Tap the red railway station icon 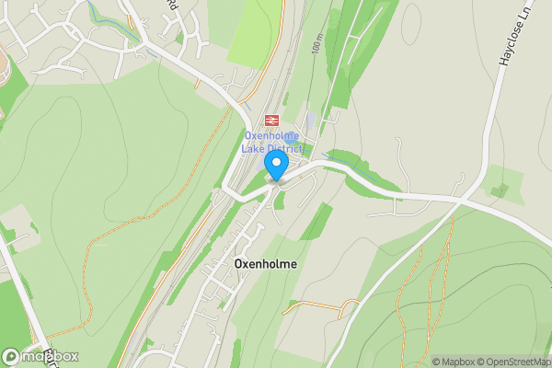(x=271, y=121)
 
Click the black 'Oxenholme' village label (x=266, y=263)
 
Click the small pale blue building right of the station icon (x=311, y=120)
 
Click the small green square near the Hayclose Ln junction (x=500, y=190)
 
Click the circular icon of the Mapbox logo (x=11, y=356)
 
